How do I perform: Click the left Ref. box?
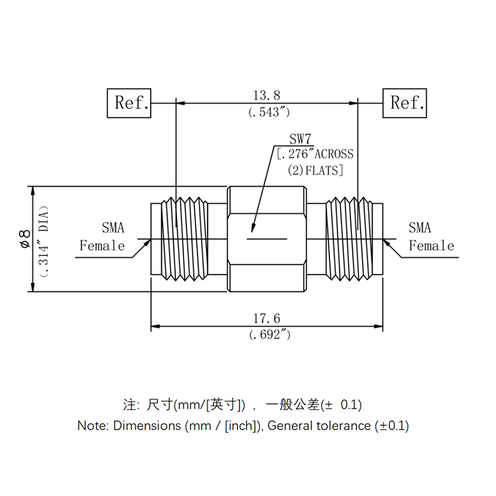coord(129,103)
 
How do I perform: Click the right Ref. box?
coord(405,103)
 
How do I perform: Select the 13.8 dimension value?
coord(267,95)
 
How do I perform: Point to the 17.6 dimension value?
coord(267,319)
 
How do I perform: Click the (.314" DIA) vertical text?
coord(42,239)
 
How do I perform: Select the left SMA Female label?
coord(103,237)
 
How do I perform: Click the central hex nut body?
coord(267,239)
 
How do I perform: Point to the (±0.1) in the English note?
coord(392,426)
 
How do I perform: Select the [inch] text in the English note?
coord(242,426)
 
